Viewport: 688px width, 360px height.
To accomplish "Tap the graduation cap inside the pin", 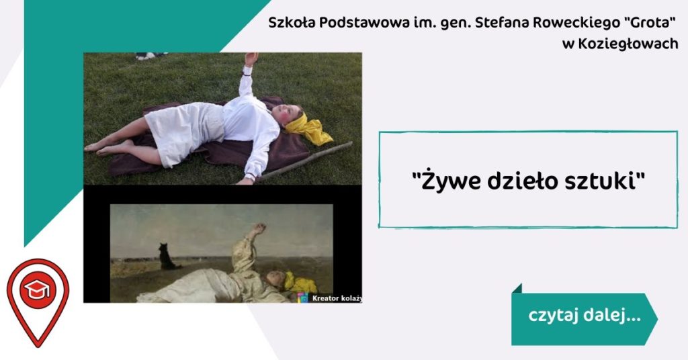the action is click(38, 289).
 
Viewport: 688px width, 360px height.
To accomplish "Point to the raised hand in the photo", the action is click(251, 58).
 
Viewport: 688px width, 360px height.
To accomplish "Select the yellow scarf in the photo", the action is click(308, 128).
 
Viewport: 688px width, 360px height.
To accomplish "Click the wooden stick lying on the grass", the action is click(306, 160).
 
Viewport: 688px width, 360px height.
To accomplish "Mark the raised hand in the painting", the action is click(259, 228).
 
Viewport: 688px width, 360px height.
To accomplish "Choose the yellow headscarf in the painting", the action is click(299, 283).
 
